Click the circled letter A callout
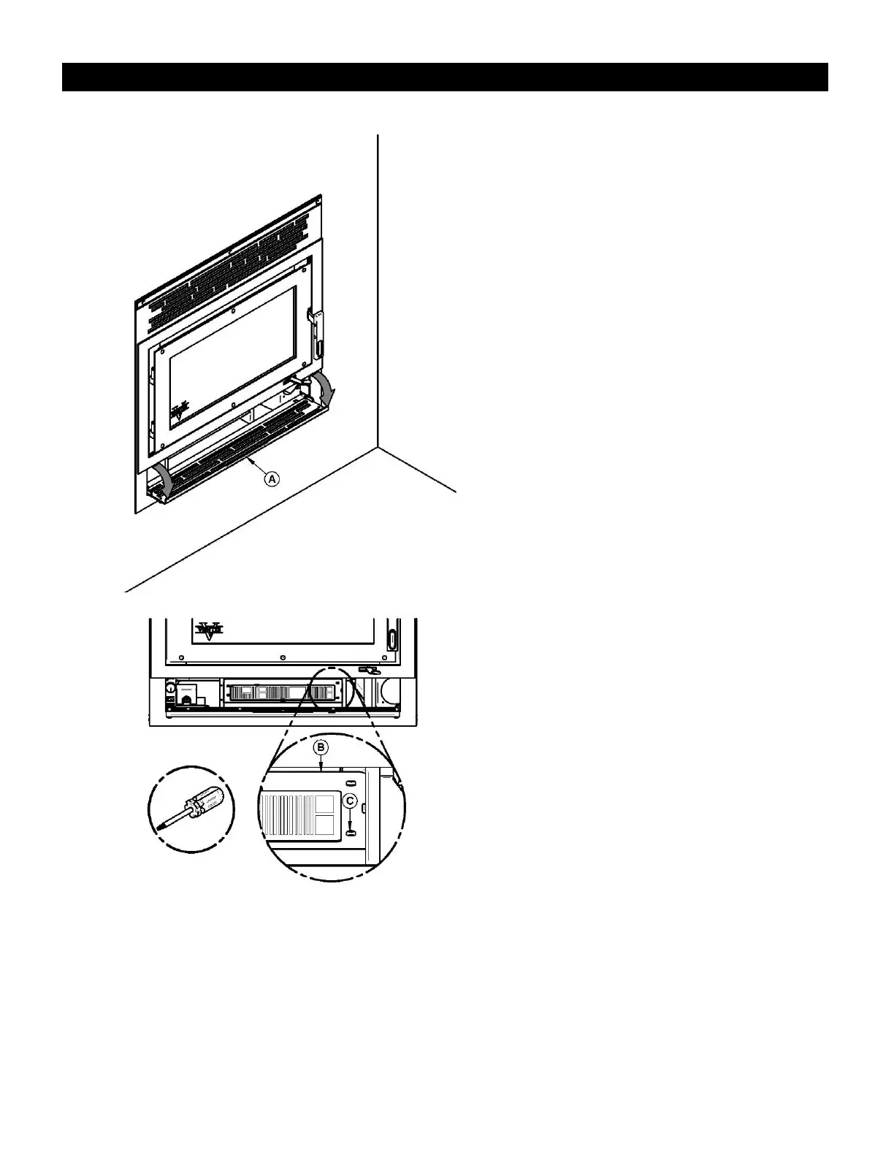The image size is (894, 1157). [x=272, y=479]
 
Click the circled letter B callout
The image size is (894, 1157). [x=321, y=747]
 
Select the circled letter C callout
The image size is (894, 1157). [x=351, y=801]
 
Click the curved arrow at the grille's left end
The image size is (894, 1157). [x=165, y=481]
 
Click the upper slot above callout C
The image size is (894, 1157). [x=350, y=782]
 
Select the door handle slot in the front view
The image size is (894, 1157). [x=392, y=639]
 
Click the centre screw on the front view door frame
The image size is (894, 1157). [x=282, y=655]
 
